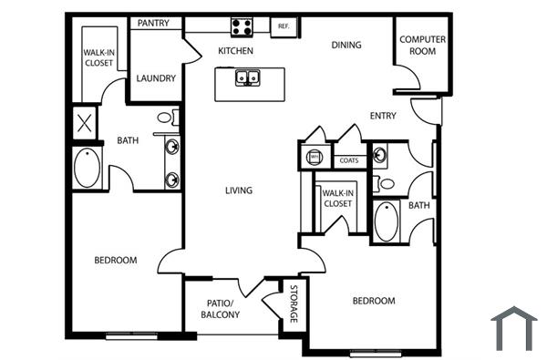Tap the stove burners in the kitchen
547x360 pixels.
243,26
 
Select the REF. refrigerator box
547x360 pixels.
284,26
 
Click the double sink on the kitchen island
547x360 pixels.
248,78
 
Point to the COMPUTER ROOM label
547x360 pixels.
422,45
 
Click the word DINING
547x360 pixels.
346,45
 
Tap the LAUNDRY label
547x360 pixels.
156,78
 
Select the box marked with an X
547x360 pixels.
85,123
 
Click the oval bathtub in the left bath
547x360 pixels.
87,168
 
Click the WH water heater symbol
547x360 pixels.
315,157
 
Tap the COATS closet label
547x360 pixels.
348,161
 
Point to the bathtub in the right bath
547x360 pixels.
387,221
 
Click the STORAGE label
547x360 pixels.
294,304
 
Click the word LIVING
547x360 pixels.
239,190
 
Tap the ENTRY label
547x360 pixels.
383,115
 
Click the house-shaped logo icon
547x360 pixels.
514,328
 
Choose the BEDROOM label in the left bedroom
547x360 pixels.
116,261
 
